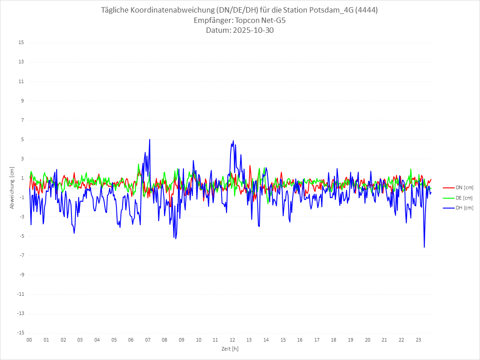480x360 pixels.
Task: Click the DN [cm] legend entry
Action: pos(464,187)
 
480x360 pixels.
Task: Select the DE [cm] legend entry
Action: pos(464,198)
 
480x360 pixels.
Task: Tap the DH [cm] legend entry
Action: pos(464,208)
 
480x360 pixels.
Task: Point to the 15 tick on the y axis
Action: pos(21,43)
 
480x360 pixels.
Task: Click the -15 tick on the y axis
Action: pos(20,333)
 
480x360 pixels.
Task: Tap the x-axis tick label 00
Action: pos(29,340)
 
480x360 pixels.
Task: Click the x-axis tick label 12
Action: pos(232,340)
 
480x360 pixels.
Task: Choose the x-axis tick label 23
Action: pos(418,340)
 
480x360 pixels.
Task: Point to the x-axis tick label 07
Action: pos(148,340)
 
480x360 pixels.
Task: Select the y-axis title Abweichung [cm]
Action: pos(12,187)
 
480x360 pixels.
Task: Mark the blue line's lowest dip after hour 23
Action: pos(424,247)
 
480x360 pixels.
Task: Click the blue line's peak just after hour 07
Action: pos(150,139)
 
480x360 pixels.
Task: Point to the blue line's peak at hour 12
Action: pos(233,141)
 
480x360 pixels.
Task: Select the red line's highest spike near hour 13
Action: pos(250,165)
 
